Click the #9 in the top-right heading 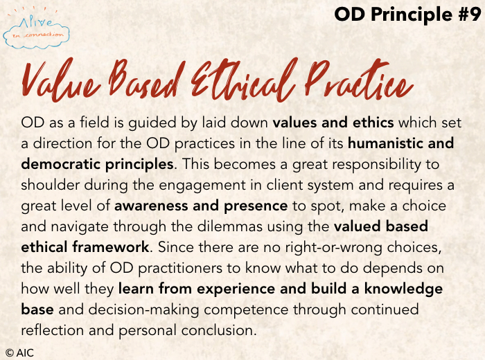pos(469,15)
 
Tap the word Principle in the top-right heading pos(412,15)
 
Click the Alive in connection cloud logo pos(36,29)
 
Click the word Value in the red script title pos(61,80)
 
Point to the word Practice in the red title pos(359,79)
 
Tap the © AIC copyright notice pos(19,352)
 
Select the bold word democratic pos(61,164)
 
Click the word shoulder pos(51,185)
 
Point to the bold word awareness pos(151,206)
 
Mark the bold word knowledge pos(403,289)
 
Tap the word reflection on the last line pos(52,330)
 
